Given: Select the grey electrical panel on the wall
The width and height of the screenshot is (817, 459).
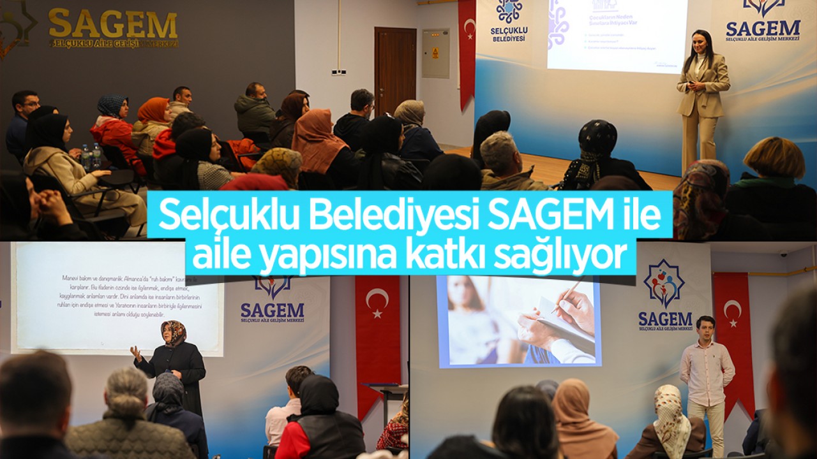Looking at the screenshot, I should point(435,53).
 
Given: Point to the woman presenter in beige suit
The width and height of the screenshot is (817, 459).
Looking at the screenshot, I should point(702,96).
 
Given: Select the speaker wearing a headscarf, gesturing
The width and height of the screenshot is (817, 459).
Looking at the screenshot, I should point(172,363).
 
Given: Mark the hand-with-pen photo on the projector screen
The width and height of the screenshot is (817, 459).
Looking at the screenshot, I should point(518,321).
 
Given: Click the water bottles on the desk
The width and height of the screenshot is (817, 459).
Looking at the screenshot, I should point(91,156).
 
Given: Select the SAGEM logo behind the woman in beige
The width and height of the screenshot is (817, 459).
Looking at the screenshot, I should point(763,20).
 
